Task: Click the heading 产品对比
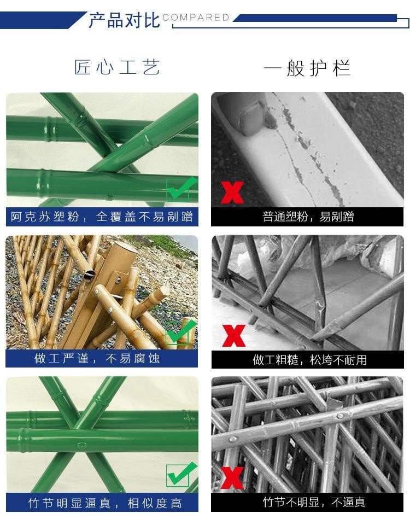click(x=125, y=20)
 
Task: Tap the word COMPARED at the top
click(x=196, y=17)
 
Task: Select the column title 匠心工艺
click(x=117, y=67)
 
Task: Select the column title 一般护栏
click(x=307, y=68)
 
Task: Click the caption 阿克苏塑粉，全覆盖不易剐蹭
click(x=102, y=217)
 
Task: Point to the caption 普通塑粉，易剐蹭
click(x=308, y=217)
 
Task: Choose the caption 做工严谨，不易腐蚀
click(x=97, y=358)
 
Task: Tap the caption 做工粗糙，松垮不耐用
click(x=310, y=359)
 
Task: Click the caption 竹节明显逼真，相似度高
click(x=105, y=503)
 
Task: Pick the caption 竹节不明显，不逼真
click(x=314, y=502)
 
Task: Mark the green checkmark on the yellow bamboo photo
click(x=181, y=332)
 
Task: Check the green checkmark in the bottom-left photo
click(x=181, y=475)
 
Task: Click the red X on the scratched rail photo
click(x=232, y=193)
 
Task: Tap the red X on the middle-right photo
click(x=233, y=336)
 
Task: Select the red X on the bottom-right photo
click(x=232, y=477)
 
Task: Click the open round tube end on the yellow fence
click(x=89, y=274)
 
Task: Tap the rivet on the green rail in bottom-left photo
click(x=81, y=445)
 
